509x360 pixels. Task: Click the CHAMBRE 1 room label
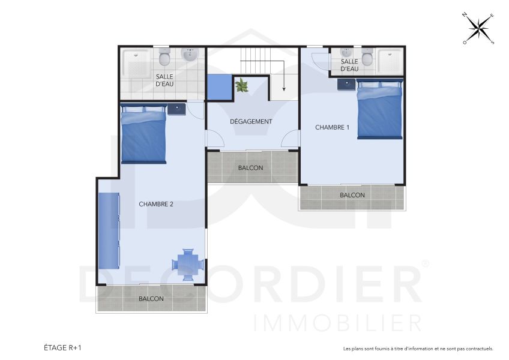[332, 127]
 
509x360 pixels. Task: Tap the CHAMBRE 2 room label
[156, 204]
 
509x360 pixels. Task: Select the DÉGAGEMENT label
[251, 121]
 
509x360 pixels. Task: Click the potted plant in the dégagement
[242, 85]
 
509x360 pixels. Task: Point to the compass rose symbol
[478, 28]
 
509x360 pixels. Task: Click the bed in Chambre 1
[379, 110]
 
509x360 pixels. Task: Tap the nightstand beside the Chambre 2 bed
[176, 109]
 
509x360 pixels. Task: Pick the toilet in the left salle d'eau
[164, 58]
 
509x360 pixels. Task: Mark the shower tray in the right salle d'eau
[390, 61]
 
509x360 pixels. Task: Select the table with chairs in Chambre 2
[187, 264]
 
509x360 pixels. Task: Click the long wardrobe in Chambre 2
[109, 231]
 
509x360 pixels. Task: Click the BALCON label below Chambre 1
[352, 195]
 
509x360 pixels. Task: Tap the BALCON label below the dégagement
[250, 168]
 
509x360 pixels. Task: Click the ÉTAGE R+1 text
[62, 347]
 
